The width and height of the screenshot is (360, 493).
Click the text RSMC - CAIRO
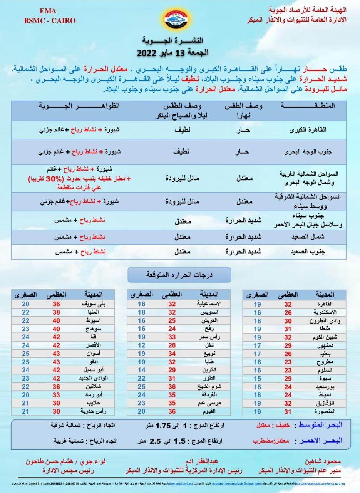point(50,20)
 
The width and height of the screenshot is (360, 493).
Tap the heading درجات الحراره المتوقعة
point(179,275)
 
